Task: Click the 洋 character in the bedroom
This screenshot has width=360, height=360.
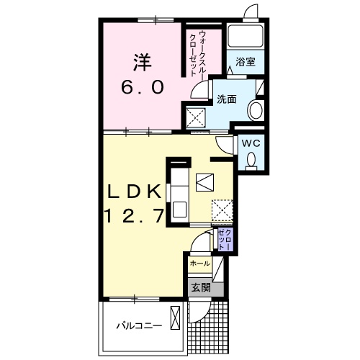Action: (143, 63)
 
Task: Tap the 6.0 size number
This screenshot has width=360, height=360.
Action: (143, 87)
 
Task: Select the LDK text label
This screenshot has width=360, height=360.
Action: (134, 192)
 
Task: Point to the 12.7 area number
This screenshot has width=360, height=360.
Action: (135, 215)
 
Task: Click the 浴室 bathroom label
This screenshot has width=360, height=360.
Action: (245, 62)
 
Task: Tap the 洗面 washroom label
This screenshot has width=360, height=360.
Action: (227, 99)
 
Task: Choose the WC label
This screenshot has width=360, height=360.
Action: (251, 143)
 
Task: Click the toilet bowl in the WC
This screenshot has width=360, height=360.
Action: (251, 161)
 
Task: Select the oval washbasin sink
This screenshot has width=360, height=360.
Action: (256, 111)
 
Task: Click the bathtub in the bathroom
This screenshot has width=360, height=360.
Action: (246, 37)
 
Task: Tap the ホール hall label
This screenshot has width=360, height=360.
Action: (199, 264)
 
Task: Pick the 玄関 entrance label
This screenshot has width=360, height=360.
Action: (201, 287)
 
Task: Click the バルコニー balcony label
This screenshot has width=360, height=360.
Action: (139, 326)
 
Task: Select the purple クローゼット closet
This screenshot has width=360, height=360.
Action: (225, 240)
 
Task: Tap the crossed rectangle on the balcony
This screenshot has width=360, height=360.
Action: (175, 318)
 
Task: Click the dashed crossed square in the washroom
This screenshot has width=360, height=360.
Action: (196, 117)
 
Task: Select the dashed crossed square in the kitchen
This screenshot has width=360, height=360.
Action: (222, 210)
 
